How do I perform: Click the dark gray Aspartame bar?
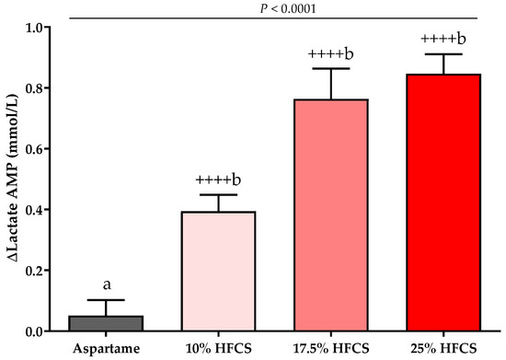(106, 323)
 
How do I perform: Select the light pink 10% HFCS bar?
(218, 272)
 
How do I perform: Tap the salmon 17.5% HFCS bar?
(331, 215)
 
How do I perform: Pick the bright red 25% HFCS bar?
(443, 203)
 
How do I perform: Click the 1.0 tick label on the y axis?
(36, 28)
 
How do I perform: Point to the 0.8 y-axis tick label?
(36, 87)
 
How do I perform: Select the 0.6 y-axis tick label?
(36, 149)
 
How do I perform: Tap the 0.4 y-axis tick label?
(36, 210)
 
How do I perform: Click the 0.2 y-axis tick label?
(36, 271)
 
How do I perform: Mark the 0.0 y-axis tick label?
(36, 331)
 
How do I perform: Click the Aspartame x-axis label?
(106, 349)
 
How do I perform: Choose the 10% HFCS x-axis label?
(218, 349)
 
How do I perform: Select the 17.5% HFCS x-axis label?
(331, 349)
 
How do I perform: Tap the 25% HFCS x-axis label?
(443, 349)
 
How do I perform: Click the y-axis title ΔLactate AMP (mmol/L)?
(12, 180)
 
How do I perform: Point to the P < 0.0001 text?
(288, 8)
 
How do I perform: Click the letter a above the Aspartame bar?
(107, 285)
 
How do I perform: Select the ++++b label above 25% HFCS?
(443, 39)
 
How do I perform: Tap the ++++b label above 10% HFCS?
(218, 180)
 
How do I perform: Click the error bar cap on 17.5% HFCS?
(331, 68)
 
